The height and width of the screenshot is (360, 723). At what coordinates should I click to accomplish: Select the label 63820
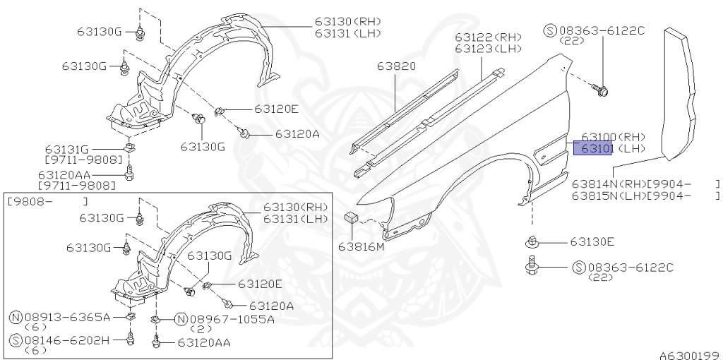pyautogui.click(x=396, y=66)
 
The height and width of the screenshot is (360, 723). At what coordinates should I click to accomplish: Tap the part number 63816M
pyautogui.click(x=361, y=246)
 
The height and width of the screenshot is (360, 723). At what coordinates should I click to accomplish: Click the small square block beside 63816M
pyautogui.click(x=351, y=218)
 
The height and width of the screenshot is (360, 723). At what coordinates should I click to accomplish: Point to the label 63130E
pyautogui.click(x=592, y=242)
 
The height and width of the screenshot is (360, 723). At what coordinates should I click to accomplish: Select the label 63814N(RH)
pyautogui.click(x=605, y=184)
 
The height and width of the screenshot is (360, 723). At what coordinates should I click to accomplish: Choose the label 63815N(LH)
pyautogui.click(x=605, y=196)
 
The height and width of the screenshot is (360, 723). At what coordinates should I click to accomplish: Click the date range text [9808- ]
pyautogui.click(x=47, y=201)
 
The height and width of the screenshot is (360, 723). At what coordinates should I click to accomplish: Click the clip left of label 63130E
pyautogui.click(x=532, y=243)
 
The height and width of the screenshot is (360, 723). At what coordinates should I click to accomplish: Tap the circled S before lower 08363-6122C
pyautogui.click(x=578, y=268)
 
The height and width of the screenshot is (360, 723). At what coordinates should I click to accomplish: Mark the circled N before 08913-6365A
pyautogui.click(x=15, y=318)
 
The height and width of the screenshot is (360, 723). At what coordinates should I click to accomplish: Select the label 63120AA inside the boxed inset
pyautogui.click(x=204, y=342)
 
